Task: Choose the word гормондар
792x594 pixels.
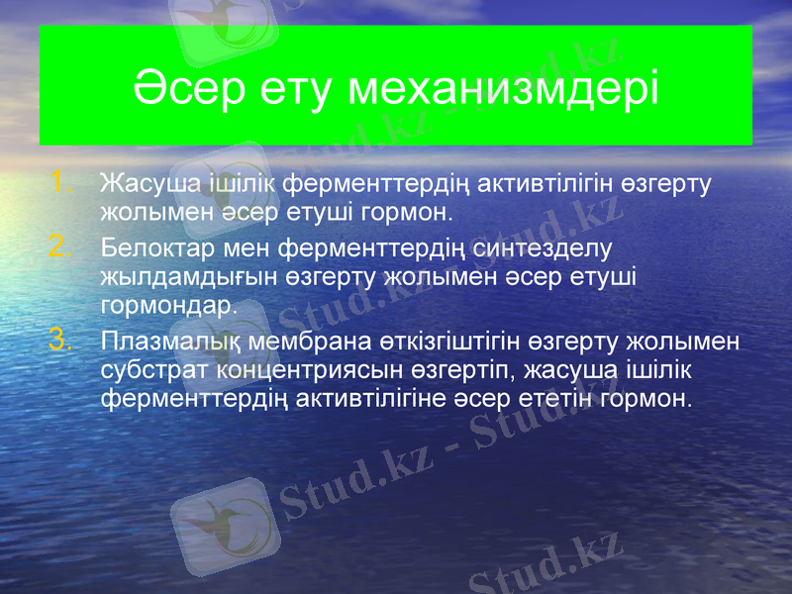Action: coord(168,304)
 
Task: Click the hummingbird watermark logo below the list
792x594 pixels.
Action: coord(220,525)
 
